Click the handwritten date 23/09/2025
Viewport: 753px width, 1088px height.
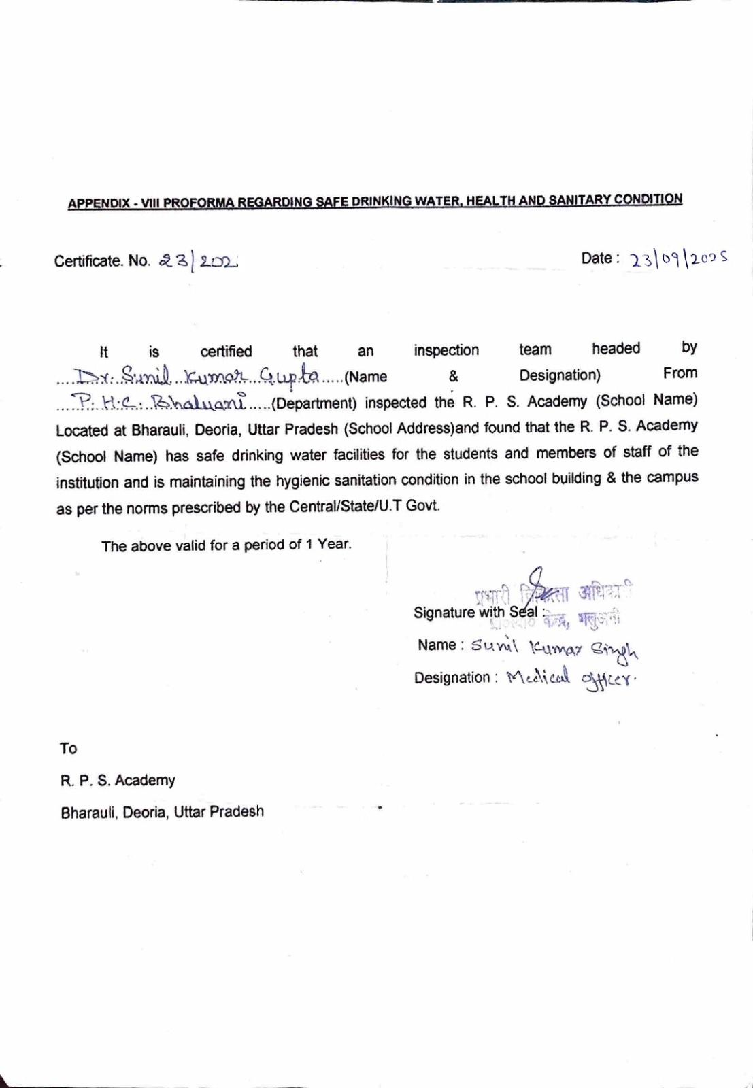678,259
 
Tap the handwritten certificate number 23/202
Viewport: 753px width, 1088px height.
197,260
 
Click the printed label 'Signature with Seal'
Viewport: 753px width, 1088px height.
476,612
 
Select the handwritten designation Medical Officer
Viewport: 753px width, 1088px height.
572,678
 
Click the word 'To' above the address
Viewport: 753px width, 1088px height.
68,749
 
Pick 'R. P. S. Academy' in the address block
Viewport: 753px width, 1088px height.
118,781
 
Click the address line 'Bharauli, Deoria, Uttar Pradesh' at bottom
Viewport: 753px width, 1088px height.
162,812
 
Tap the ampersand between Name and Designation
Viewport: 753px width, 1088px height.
453,376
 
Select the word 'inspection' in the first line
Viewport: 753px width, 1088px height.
446,350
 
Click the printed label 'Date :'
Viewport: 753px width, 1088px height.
600,258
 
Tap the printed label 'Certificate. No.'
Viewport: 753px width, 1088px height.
102,262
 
